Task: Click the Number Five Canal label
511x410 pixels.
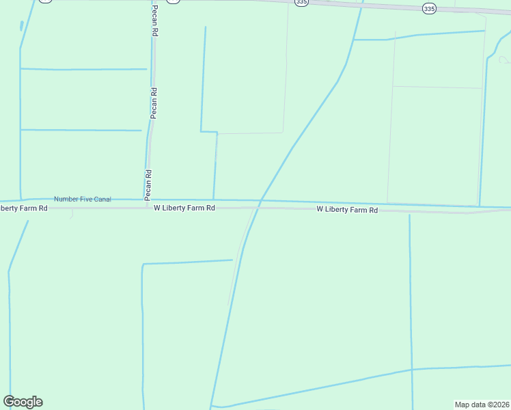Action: pyautogui.click(x=82, y=199)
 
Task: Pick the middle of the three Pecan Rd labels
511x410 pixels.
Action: pyautogui.click(x=154, y=103)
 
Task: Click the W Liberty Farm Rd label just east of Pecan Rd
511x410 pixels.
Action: pyautogui.click(x=184, y=208)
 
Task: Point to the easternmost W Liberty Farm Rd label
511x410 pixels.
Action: pyautogui.click(x=347, y=210)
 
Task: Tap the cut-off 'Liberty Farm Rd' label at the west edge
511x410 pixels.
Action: pyautogui.click(x=23, y=208)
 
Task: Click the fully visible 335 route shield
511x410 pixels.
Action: pyautogui.click(x=428, y=9)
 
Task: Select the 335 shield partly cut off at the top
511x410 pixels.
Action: pyautogui.click(x=301, y=3)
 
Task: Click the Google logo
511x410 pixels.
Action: pyautogui.click(x=23, y=402)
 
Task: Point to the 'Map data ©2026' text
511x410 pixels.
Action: pyautogui.click(x=482, y=404)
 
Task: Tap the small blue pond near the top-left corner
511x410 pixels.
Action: pyautogui.click(x=22, y=26)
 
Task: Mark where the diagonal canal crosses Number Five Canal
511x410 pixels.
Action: pyautogui.click(x=262, y=200)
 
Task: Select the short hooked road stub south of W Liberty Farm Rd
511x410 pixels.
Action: pyautogui.click(x=72, y=214)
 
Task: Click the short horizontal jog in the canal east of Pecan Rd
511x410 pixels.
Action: pyautogui.click(x=208, y=131)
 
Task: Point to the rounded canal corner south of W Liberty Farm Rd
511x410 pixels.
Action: pyautogui.click(x=142, y=265)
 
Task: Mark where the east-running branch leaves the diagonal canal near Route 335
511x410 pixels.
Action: pyautogui.click(x=354, y=40)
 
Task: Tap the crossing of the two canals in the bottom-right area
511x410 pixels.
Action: pyautogui.click(x=411, y=370)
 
